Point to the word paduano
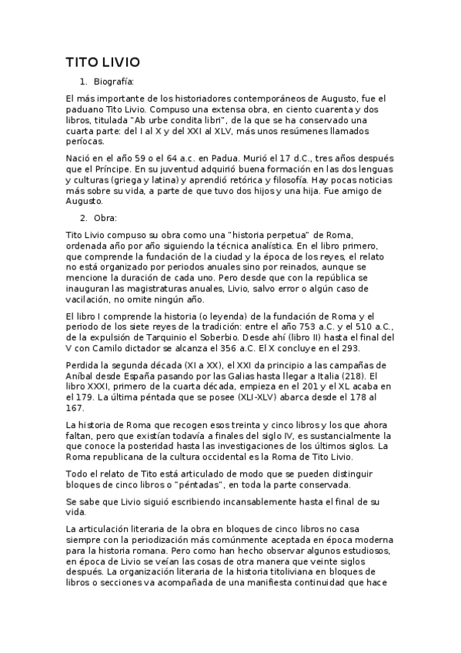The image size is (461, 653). [85, 109]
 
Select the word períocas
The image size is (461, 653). [84, 142]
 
